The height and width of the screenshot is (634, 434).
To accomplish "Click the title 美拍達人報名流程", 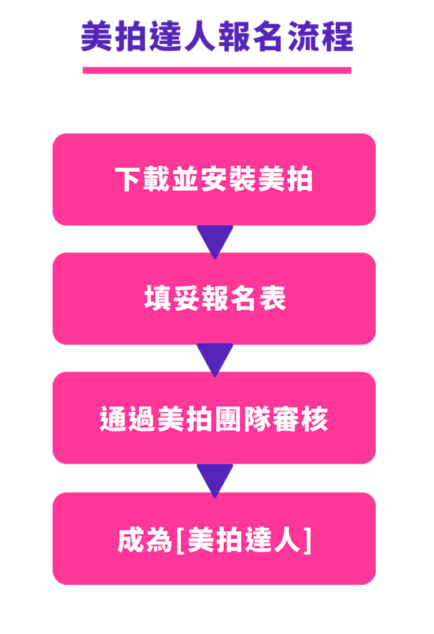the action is [x=217, y=36].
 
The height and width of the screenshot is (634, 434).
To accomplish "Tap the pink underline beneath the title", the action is [x=217, y=71].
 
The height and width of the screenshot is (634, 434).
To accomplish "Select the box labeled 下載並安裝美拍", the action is [x=214, y=180].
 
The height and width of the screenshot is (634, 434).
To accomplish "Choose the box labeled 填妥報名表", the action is [x=214, y=299].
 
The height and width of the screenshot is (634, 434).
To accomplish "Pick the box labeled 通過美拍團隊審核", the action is [x=214, y=418].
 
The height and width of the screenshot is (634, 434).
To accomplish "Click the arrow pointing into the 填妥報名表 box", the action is [x=215, y=240].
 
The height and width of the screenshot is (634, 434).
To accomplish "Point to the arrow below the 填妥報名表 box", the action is [x=215, y=358].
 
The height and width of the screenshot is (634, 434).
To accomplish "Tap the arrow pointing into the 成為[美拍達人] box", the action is [x=215, y=479].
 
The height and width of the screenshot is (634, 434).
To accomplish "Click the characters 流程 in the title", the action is [x=320, y=36].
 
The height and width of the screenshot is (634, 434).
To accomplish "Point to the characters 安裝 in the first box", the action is [x=228, y=179].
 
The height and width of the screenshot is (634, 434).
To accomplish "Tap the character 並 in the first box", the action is [x=185, y=179].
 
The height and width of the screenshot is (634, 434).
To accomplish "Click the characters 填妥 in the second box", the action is [x=172, y=299].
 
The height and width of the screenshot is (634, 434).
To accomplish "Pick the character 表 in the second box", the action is [x=272, y=299].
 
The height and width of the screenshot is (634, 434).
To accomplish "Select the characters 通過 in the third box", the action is [x=127, y=418].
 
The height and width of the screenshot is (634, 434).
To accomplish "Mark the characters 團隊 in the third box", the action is [x=243, y=418].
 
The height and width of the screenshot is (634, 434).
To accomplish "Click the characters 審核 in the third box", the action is [x=300, y=418].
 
